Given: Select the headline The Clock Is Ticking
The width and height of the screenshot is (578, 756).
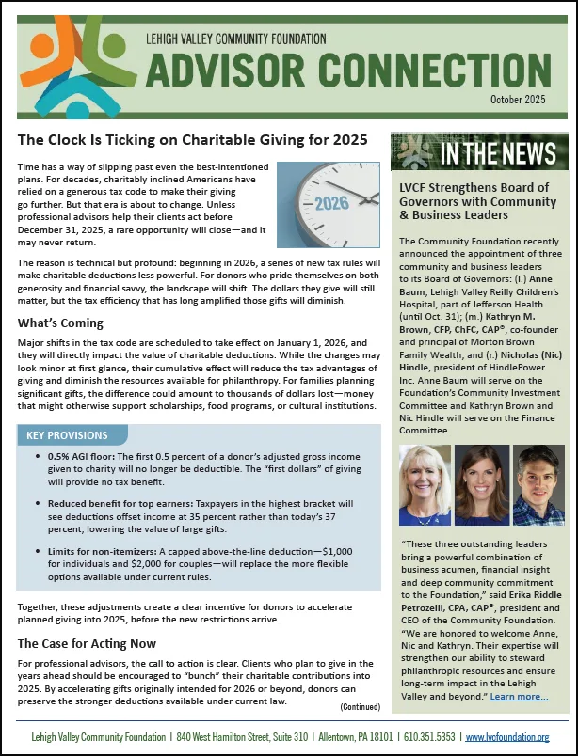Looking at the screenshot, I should [x=192, y=141].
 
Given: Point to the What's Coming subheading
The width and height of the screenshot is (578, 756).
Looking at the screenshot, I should [x=57, y=323].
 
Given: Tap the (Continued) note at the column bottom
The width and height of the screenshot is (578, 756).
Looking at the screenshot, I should [x=360, y=706].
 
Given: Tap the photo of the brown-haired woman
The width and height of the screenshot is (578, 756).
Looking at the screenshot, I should [x=481, y=484].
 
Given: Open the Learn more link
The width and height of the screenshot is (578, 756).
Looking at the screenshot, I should [x=519, y=697].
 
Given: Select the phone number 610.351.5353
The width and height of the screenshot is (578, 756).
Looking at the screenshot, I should [x=427, y=737].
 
